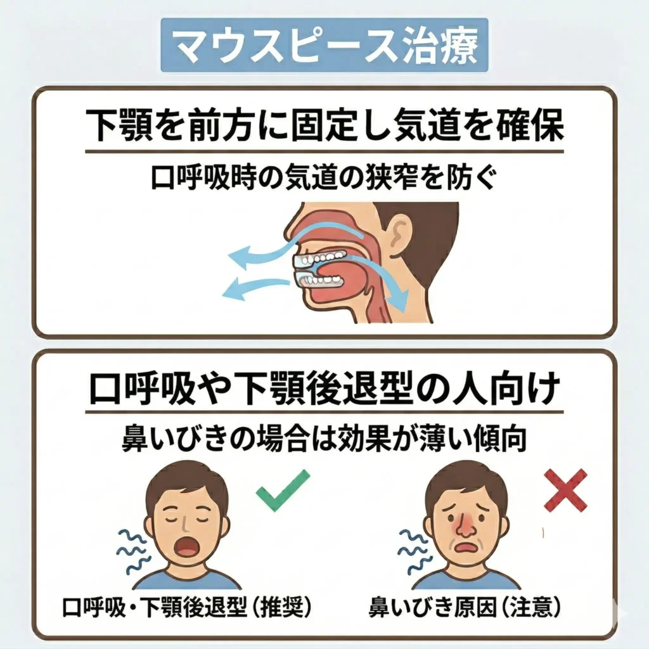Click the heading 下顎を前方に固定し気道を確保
(324, 126)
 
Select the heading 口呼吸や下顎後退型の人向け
(324, 389)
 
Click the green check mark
(283, 490)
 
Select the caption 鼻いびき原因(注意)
(465, 607)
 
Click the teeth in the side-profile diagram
(323, 260)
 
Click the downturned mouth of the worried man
(466, 547)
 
